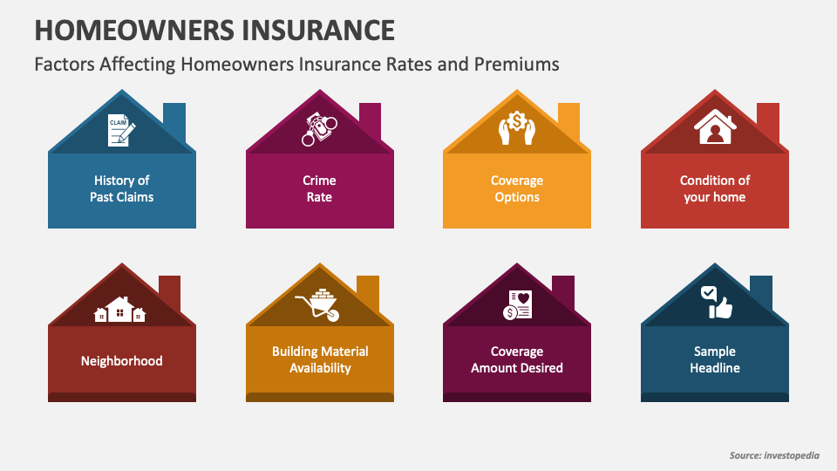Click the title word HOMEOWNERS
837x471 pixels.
tap(121, 29)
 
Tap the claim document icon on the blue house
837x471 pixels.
tap(121, 129)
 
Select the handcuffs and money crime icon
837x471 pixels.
tap(319, 129)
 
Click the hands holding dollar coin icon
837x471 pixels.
tap(516, 127)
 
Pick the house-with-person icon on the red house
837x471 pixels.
tap(714, 128)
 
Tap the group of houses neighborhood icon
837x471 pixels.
tap(121, 310)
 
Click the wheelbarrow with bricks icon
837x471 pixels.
tap(319, 304)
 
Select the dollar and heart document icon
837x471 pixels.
tap(516, 304)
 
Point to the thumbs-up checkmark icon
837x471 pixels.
tap(715, 302)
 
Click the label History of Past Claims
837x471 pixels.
tap(122, 188)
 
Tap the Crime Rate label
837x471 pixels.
tap(319, 188)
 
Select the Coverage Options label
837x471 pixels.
tap(517, 188)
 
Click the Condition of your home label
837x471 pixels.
tap(715, 188)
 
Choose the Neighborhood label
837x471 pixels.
tap(122, 360)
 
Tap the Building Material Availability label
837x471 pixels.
tap(320, 359)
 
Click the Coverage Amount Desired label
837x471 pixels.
tap(517, 359)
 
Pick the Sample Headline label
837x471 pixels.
tap(715, 359)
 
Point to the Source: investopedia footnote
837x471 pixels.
tap(774, 455)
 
